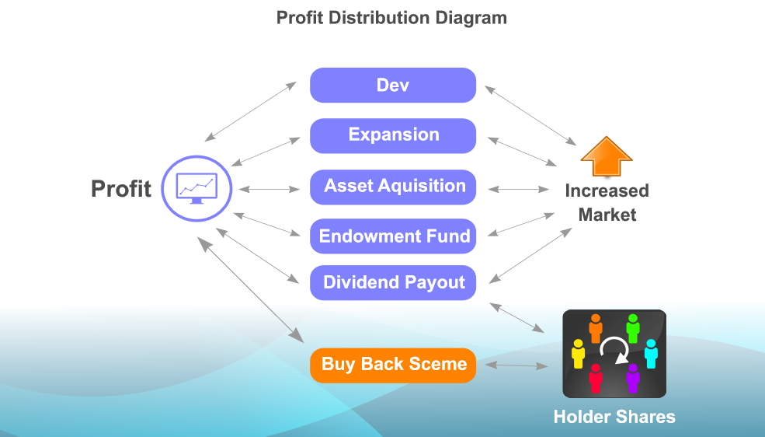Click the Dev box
(393, 86)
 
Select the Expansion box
(393, 135)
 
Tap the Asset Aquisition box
(393, 187)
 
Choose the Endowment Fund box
(393, 236)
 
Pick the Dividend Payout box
(393, 282)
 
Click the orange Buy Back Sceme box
(393, 365)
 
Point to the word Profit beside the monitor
(121, 189)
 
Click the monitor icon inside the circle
(196, 187)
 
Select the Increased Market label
(607, 202)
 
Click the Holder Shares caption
(614, 417)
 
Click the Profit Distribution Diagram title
(391, 17)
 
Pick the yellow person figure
(578, 355)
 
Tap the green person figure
(632, 328)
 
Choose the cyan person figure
(651, 354)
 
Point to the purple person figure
(632, 378)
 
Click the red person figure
(596, 379)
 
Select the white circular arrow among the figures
(614, 351)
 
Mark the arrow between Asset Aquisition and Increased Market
(519, 189)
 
